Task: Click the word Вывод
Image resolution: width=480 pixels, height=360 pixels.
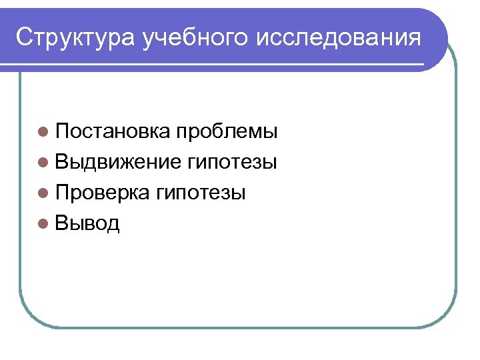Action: [87, 224]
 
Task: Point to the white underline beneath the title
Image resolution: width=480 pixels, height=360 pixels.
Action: [220, 65]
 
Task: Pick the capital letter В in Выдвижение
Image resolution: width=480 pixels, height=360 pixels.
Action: [61, 162]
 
